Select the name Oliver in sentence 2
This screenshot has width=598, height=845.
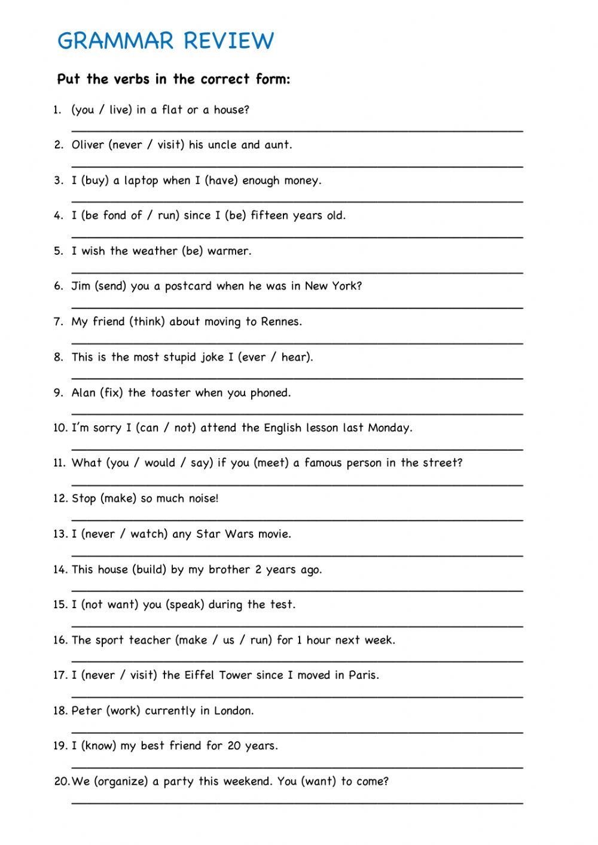coord(88,145)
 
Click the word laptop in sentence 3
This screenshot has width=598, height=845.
coord(141,181)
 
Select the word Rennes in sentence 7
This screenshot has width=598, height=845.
coord(280,322)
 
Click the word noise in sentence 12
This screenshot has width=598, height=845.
coord(200,499)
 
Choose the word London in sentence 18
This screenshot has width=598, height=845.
coord(234,710)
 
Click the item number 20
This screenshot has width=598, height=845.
coord(62,782)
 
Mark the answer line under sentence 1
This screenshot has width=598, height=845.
coord(297,130)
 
